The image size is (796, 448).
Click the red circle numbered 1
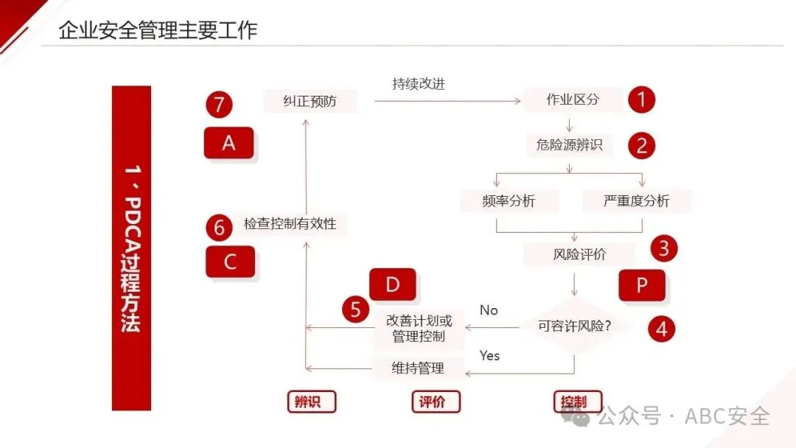point(641,99)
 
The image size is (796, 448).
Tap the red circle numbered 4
point(661,328)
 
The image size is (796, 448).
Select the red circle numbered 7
point(219,105)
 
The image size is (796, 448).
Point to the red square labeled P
point(641,285)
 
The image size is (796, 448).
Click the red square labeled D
point(392,285)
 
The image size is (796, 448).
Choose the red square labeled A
point(228,143)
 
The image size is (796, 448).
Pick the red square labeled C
point(230,262)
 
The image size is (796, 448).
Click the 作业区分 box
point(573,100)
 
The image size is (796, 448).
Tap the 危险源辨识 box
point(569,145)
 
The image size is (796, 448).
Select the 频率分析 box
point(509,200)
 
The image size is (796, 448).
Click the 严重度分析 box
point(636,200)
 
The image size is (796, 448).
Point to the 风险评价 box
point(579,254)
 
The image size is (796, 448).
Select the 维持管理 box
point(418,368)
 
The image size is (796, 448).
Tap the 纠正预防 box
point(310,101)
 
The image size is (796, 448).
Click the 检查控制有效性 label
point(290,223)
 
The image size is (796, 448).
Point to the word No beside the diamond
point(489,310)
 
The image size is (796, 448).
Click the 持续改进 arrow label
point(419,84)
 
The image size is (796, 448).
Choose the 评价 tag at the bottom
point(435,402)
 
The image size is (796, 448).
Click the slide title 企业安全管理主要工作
point(158,30)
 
